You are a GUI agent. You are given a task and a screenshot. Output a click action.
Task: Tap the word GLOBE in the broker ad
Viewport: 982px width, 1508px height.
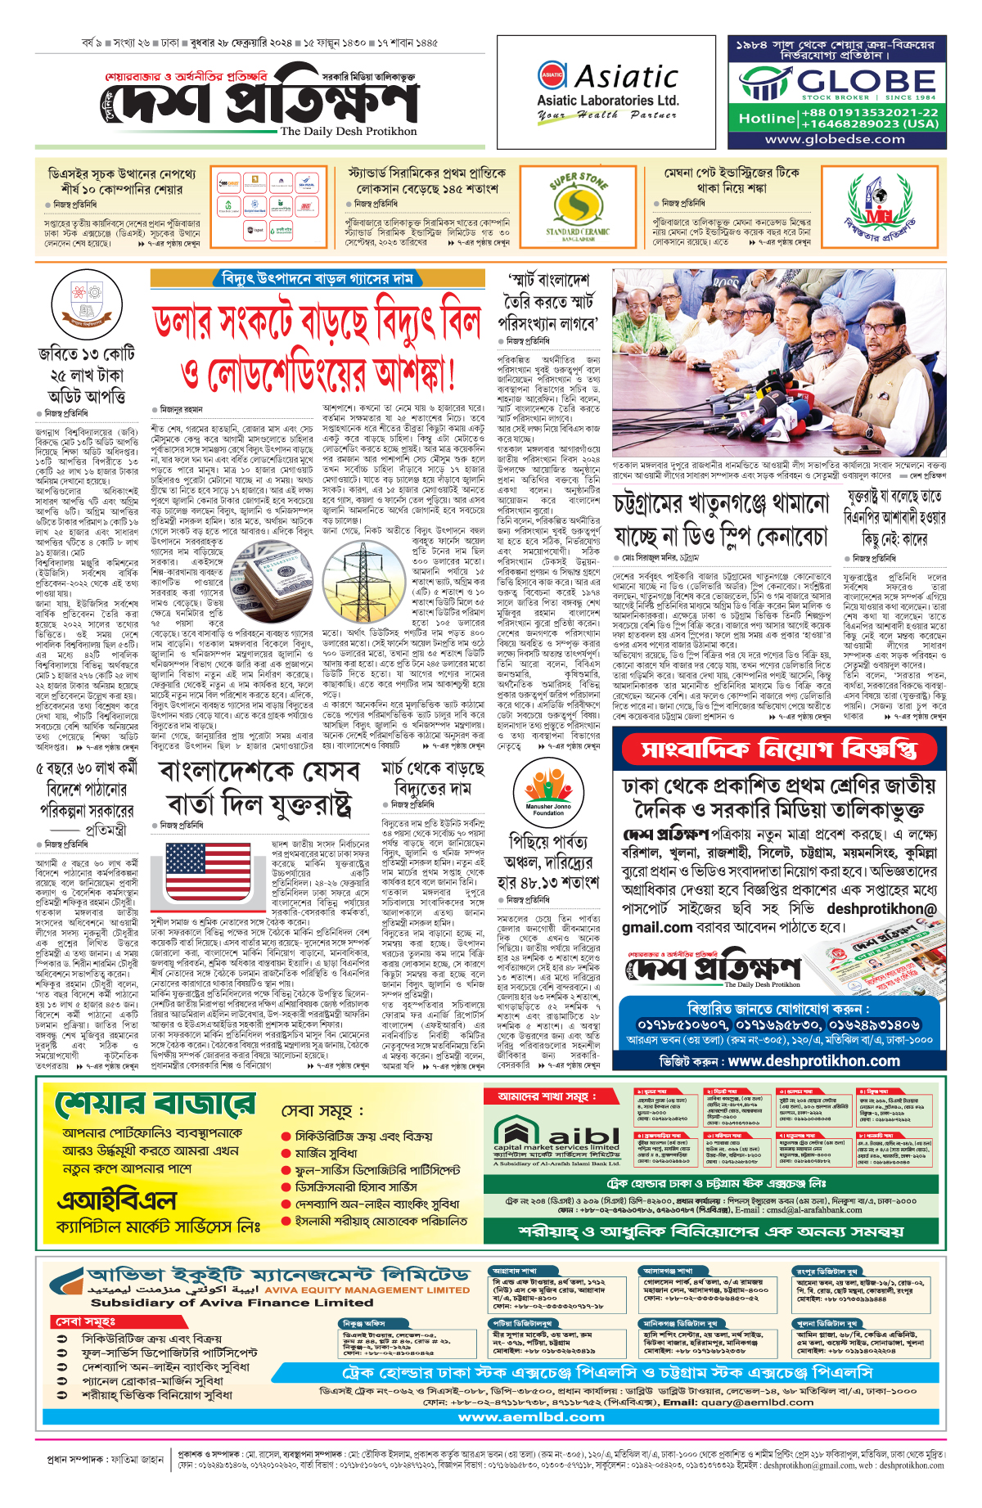[867, 82]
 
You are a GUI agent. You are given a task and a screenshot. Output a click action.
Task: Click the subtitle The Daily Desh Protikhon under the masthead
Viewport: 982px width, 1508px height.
[348, 131]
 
